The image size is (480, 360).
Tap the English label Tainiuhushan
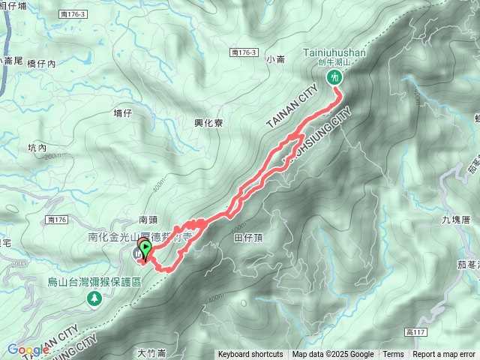click(x=334, y=54)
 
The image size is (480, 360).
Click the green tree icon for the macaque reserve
click(x=94, y=298)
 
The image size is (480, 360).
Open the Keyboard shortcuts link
click(x=250, y=355)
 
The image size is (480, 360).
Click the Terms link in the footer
click(x=393, y=355)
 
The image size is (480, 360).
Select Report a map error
click(x=444, y=355)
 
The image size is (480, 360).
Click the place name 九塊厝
click(x=455, y=220)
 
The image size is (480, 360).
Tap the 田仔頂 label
click(x=247, y=237)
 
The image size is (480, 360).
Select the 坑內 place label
click(x=37, y=148)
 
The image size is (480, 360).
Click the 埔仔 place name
click(x=122, y=112)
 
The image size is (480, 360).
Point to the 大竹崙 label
click(x=151, y=352)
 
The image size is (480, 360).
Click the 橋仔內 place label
click(x=41, y=64)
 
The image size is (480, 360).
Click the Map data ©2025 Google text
click(x=333, y=355)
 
